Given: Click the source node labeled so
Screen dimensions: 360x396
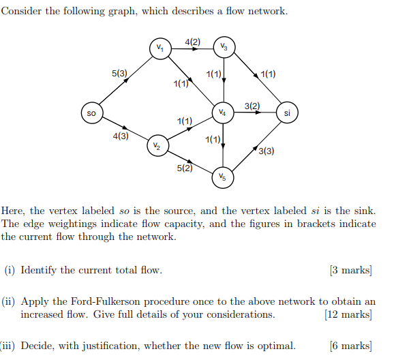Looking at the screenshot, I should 91,112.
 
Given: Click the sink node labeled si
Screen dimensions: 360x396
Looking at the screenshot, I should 287,112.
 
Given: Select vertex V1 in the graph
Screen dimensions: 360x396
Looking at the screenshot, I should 159,48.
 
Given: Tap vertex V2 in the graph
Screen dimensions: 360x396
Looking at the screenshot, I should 157,146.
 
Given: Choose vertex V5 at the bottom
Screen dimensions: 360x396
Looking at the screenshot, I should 223,177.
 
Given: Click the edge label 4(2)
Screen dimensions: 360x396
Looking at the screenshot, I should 193,42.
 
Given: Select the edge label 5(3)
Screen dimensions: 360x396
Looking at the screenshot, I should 120,72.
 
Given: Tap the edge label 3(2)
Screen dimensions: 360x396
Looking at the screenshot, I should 252,105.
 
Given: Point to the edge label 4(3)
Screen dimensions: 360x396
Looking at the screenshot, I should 121,136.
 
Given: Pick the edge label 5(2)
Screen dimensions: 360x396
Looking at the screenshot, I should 184,168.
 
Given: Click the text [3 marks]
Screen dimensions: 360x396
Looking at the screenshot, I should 350,270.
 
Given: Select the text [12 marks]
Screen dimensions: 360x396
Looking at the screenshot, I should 348,314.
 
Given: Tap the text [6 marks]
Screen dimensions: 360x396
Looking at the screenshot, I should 350,346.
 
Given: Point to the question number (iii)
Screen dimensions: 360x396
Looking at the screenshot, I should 8,346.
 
